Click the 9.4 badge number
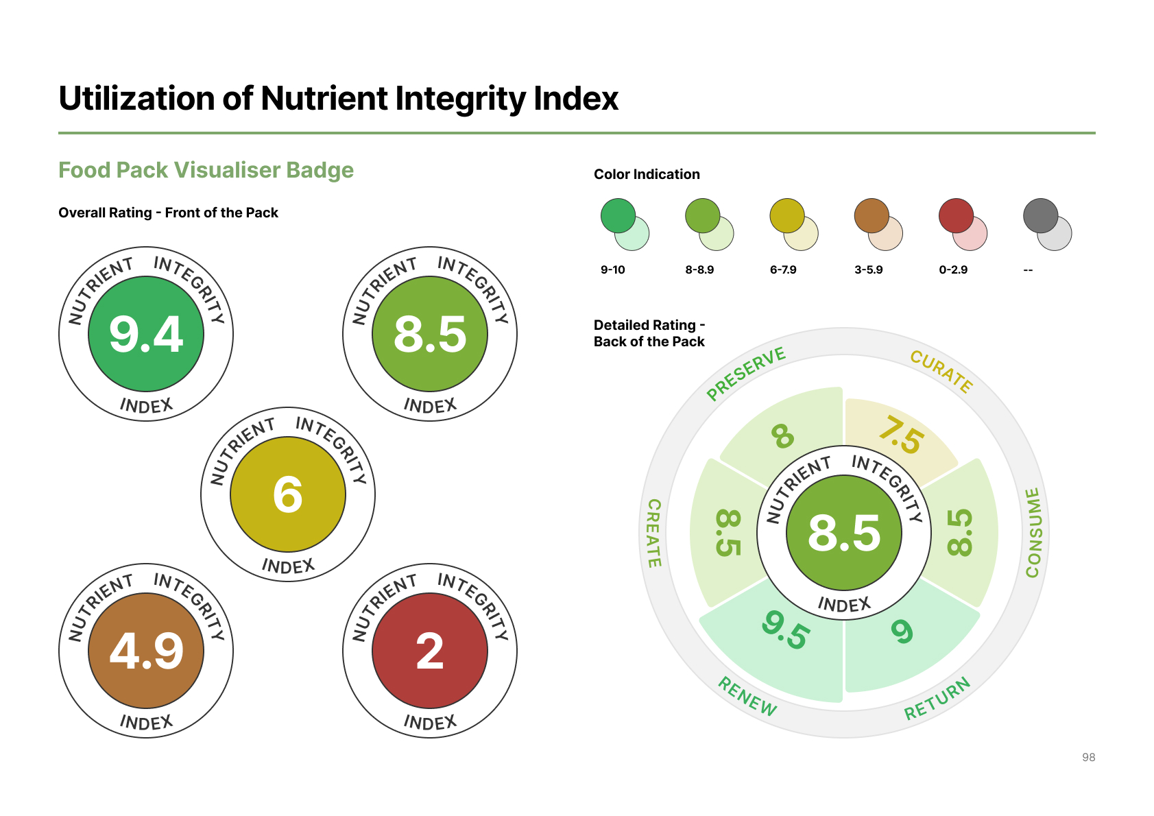point(146,335)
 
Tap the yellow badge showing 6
point(288,494)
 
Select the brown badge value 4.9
point(146,651)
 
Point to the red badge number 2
point(430,651)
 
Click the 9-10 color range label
point(612,270)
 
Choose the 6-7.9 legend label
point(782,270)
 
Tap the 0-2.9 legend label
point(952,270)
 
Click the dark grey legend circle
point(1040,216)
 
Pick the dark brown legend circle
point(871,216)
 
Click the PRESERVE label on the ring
point(746,373)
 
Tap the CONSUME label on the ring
point(1033,533)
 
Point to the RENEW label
point(747,695)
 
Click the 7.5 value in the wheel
point(901,435)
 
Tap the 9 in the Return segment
point(902,631)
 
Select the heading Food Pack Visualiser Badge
point(206,170)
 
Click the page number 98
point(1088,757)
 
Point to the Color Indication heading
point(647,174)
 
